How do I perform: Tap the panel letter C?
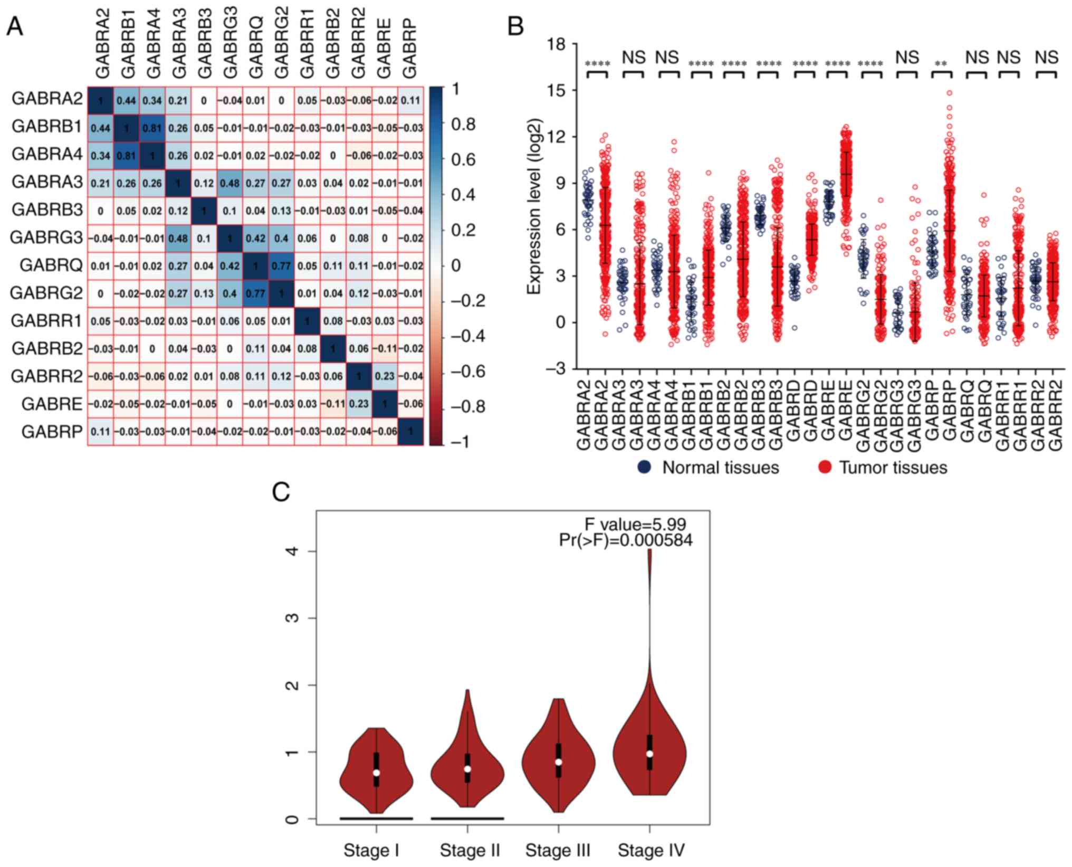point(281,492)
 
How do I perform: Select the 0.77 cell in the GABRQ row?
point(281,266)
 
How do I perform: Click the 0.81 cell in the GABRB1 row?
point(152,127)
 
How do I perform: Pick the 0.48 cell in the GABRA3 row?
point(229,183)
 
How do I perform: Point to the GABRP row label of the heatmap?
point(52,432)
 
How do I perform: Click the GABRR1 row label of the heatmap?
point(46,321)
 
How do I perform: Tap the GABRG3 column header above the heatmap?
point(231,42)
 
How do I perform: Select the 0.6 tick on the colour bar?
point(463,159)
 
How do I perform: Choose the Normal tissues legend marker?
point(645,467)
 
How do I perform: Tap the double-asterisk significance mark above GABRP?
point(941,64)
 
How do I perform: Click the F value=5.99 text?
point(635,525)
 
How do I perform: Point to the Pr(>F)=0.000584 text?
point(626,540)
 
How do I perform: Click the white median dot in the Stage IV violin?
point(649,754)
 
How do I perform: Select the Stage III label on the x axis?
point(558,851)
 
